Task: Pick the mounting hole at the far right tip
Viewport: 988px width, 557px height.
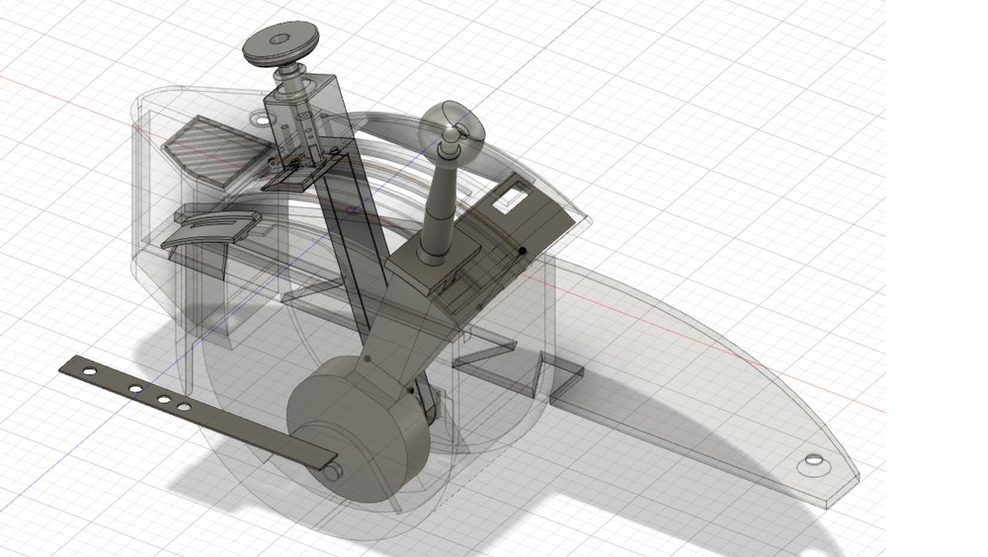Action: [812, 461]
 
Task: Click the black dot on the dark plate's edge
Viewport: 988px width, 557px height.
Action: [521, 252]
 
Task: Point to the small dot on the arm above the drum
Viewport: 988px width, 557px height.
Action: [369, 361]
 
